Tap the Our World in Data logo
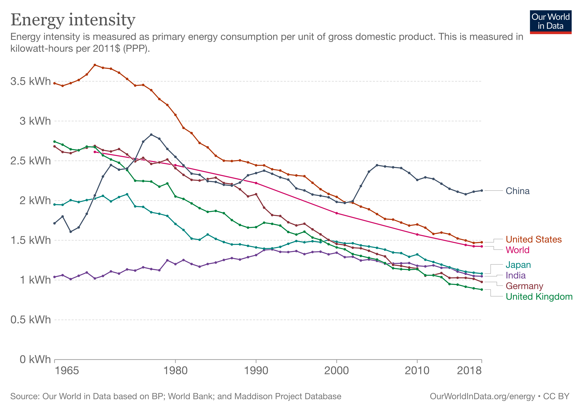[550, 22]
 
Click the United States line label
[534, 239]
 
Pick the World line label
[517, 250]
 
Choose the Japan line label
[518, 265]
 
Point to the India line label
[515, 275]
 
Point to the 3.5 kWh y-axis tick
[30, 81]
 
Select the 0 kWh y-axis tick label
[35, 359]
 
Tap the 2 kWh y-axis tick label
[35, 201]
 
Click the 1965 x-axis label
[67, 371]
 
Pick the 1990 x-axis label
[256, 371]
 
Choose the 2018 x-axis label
[469, 371]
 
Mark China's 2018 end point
[482, 190]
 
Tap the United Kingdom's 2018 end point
[482, 290]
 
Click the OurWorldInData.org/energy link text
[482, 396]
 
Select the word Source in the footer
[25, 396]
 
